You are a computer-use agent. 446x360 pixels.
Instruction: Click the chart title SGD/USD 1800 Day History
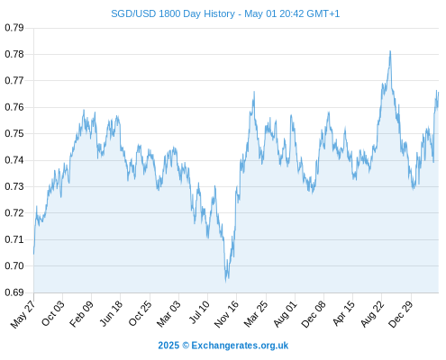click(x=173, y=13)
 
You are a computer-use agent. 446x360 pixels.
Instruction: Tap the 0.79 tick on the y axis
click(x=14, y=28)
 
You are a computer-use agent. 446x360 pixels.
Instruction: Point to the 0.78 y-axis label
click(x=14, y=54)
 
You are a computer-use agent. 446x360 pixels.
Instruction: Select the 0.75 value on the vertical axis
click(x=14, y=133)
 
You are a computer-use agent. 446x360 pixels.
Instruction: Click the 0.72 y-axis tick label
click(x=14, y=213)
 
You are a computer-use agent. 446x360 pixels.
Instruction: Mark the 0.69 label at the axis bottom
click(x=14, y=292)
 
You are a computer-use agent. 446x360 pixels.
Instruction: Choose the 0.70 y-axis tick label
click(x=14, y=265)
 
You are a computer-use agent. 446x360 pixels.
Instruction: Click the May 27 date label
click(x=23, y=314)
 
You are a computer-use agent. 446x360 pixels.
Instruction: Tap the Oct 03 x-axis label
click(x=53, y=313)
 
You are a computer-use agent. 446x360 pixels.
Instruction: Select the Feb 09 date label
click(x=81, y=314)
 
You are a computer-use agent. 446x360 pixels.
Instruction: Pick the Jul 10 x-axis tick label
click(x=199, y=312)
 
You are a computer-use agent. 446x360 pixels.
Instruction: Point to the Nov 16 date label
click(x=226, y=314)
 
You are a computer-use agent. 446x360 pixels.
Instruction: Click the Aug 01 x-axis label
click(x=286, y=314)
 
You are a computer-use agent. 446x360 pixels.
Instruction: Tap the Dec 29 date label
click(x=401, y=314)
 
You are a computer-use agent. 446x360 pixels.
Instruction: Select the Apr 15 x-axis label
click(x=344, y=313)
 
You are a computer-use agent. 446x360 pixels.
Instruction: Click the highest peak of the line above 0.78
click(x=390, y=51)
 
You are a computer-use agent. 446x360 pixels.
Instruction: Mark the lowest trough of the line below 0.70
click(x=226, y=282)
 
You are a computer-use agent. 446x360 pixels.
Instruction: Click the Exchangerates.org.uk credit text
click(x=240, y=346)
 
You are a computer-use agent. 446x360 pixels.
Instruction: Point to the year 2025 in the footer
click(x=168, y=346)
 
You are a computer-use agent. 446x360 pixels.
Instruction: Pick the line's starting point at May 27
click(x=33, y=255)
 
